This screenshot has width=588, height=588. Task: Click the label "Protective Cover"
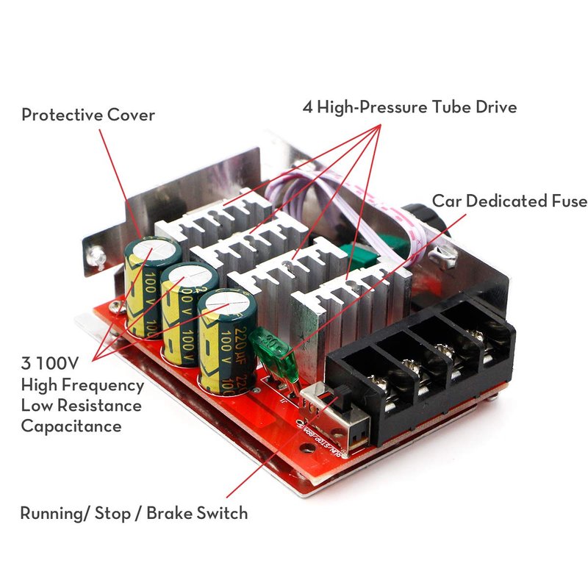click(x=88, y=115)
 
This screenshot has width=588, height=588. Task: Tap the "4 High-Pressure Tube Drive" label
click(x=409, y=107)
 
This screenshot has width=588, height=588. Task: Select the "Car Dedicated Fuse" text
click(x=509, y=201)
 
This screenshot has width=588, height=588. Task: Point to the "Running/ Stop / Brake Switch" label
click(x=134, y=512)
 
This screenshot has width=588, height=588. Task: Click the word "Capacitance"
click(x=71, y=426)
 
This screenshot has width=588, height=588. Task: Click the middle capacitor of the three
click(x=187, y=312)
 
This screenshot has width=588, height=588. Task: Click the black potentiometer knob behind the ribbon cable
click(x=417, y=219)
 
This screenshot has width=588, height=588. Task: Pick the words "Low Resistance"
click(x=81, y=405)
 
